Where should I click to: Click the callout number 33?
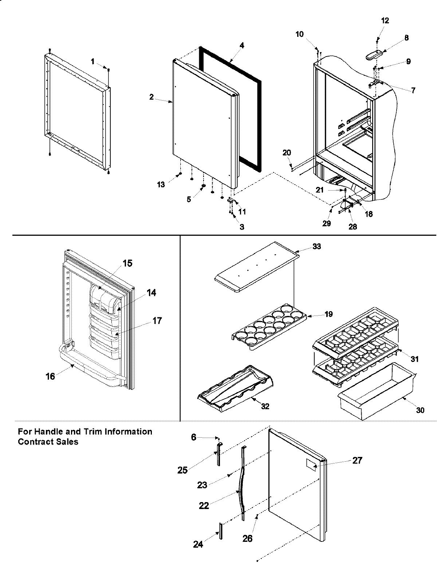click(x=316, y=247)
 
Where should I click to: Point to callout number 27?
click(x=357, y=460)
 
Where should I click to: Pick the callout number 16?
click(x=50, y=376)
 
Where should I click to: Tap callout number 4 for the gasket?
click(x=242, y=46)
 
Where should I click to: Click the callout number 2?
click(x=151, y=97)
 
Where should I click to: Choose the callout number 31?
click(x=414, y=359)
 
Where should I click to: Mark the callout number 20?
click(x=287, y=152)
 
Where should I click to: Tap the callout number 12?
click(x=385, y=21)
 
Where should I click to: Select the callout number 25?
click(x=182, y=470)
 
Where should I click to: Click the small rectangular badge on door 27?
click(x=310, y=463)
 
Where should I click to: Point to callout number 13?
click(x=161, y=185)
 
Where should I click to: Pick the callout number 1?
click(x=93, y=62)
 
